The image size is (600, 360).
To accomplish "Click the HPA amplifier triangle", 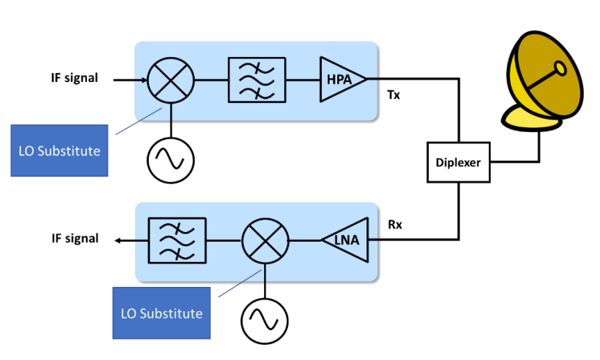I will click(x=341, y=80).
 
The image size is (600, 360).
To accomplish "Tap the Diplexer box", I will click(x=459, y=162).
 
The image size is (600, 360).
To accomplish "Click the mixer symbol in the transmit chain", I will click(x=171, y=80).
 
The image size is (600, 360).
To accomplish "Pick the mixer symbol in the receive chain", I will click(x=265, y=241).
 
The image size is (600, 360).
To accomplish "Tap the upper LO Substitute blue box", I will click(x=60, y=150).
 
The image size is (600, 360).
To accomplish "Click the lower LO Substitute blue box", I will click(x=161, y=313).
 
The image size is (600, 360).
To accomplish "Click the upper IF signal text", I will click(x=74, y=78).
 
